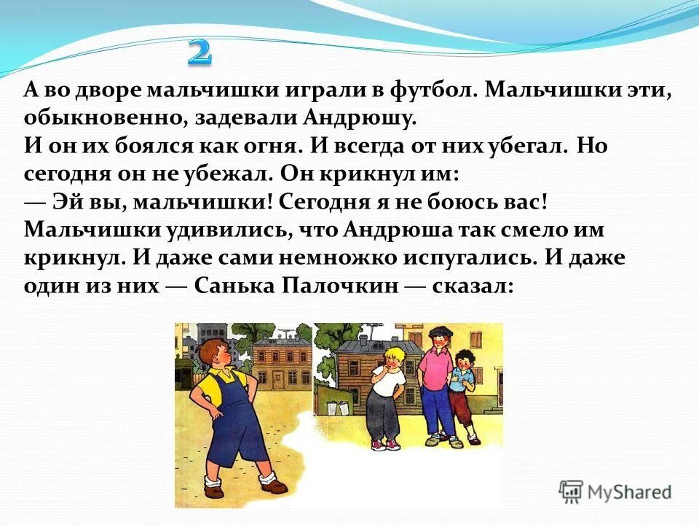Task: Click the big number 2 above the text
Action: [x=200, y=52]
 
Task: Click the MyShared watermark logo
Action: [x=615, y=491]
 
